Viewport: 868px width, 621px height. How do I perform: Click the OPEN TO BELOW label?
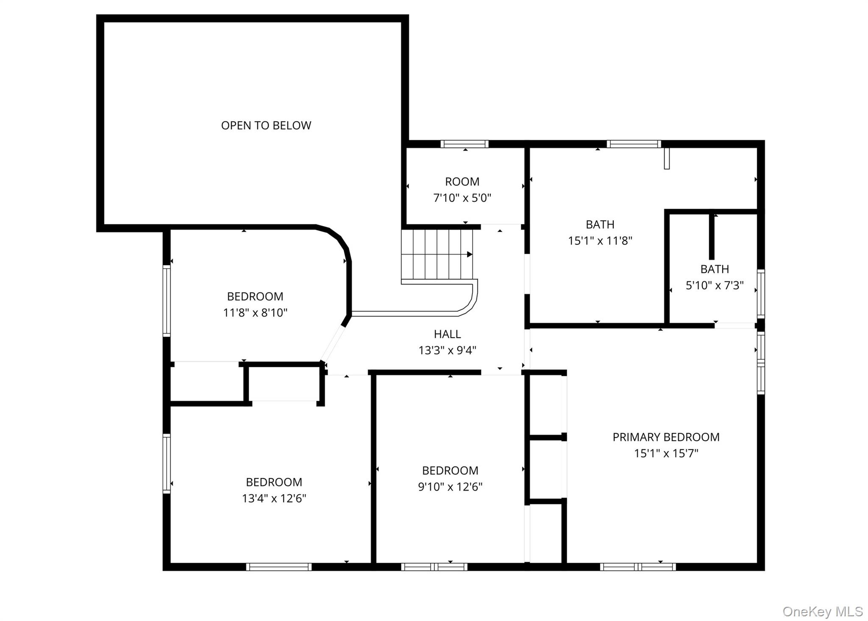point(266,126)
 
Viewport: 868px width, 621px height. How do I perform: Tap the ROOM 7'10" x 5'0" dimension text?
point(462,198)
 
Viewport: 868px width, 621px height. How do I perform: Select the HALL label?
point(447,334)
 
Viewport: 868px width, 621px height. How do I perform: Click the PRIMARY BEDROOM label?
point(666,437)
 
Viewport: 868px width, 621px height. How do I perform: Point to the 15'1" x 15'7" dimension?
point(666,453)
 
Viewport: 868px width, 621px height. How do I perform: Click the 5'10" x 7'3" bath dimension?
point(715,285)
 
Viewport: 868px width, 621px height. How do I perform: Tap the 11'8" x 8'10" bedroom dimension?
point(255,313)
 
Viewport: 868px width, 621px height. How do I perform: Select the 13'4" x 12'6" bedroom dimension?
point(274,498)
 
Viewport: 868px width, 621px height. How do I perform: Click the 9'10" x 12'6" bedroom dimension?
point(450,487)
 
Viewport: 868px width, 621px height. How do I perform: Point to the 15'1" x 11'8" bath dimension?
point(600,241)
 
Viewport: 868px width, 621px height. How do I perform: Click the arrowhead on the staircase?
point(470,255)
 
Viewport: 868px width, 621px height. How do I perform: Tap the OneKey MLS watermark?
point(823,611)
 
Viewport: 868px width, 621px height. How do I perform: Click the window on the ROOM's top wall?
point(465,144)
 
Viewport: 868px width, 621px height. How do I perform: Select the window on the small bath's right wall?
point(761,294)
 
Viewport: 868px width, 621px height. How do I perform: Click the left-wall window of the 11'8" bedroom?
point(167,301)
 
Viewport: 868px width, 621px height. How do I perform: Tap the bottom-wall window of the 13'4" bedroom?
point(279,567)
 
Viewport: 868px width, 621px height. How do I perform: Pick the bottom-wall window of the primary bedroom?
point(638,567)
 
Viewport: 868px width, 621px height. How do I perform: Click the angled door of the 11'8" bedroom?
point(333,344)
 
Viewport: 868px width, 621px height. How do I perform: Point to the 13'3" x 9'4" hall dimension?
point(447,350)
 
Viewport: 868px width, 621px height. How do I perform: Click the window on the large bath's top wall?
point(634,144)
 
